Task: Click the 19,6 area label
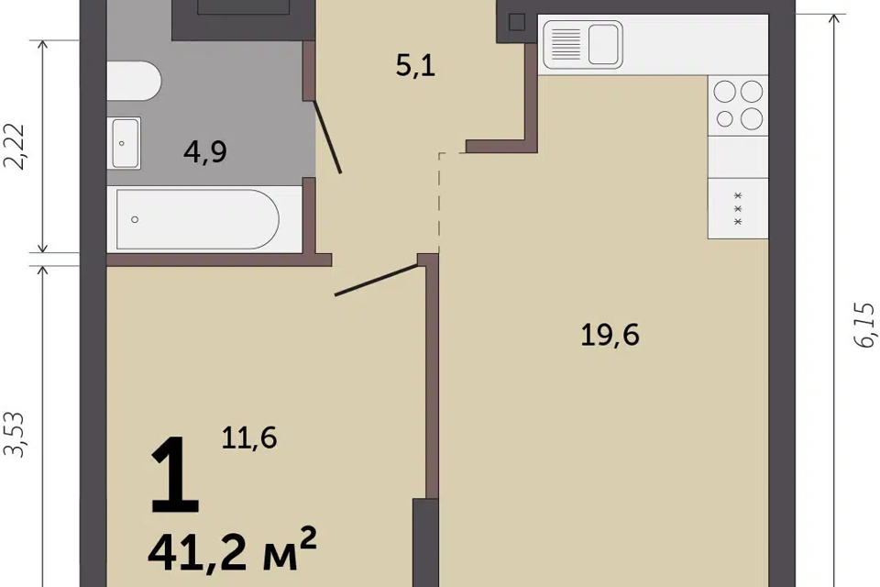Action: point(610,336)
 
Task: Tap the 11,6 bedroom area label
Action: point(249,437)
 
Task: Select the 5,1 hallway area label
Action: point(415,66)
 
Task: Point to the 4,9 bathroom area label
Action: point(204,151)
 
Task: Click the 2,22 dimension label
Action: point(15,146)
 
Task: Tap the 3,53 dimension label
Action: point(15,434)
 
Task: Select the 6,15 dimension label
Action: point(864,325)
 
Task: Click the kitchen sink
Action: point(583,44)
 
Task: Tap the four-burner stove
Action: point(738,105)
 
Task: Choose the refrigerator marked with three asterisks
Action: point(738,208)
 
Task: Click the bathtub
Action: point(197,219)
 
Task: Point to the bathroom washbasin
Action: point(125,143)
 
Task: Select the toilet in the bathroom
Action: point(134,81)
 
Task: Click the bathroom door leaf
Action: point(327,137)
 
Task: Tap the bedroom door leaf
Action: point(377,280)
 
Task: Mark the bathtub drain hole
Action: point(135,219)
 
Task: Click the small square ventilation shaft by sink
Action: point(517,22)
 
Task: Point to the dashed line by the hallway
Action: point(439,202)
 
